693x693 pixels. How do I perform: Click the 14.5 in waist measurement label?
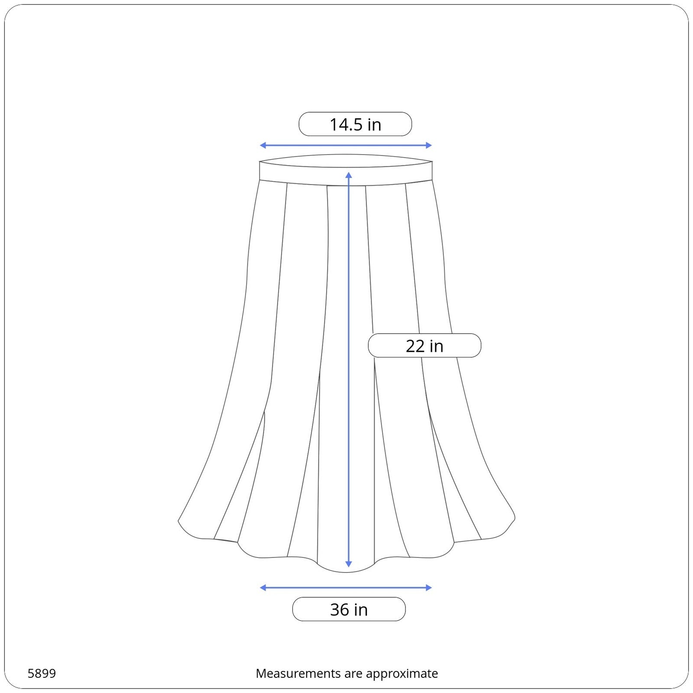coord(355,124)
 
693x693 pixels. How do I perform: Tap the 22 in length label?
coord(424,346)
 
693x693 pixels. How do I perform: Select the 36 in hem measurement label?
coord(349,609)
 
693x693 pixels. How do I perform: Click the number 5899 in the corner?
coord(42,674)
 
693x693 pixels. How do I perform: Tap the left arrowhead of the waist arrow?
coord(262,146)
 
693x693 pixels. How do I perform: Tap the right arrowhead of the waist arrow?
coord(429,146)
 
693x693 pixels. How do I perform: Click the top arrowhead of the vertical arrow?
coord(349,175)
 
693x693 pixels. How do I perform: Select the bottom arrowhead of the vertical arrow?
coord(349,564)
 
